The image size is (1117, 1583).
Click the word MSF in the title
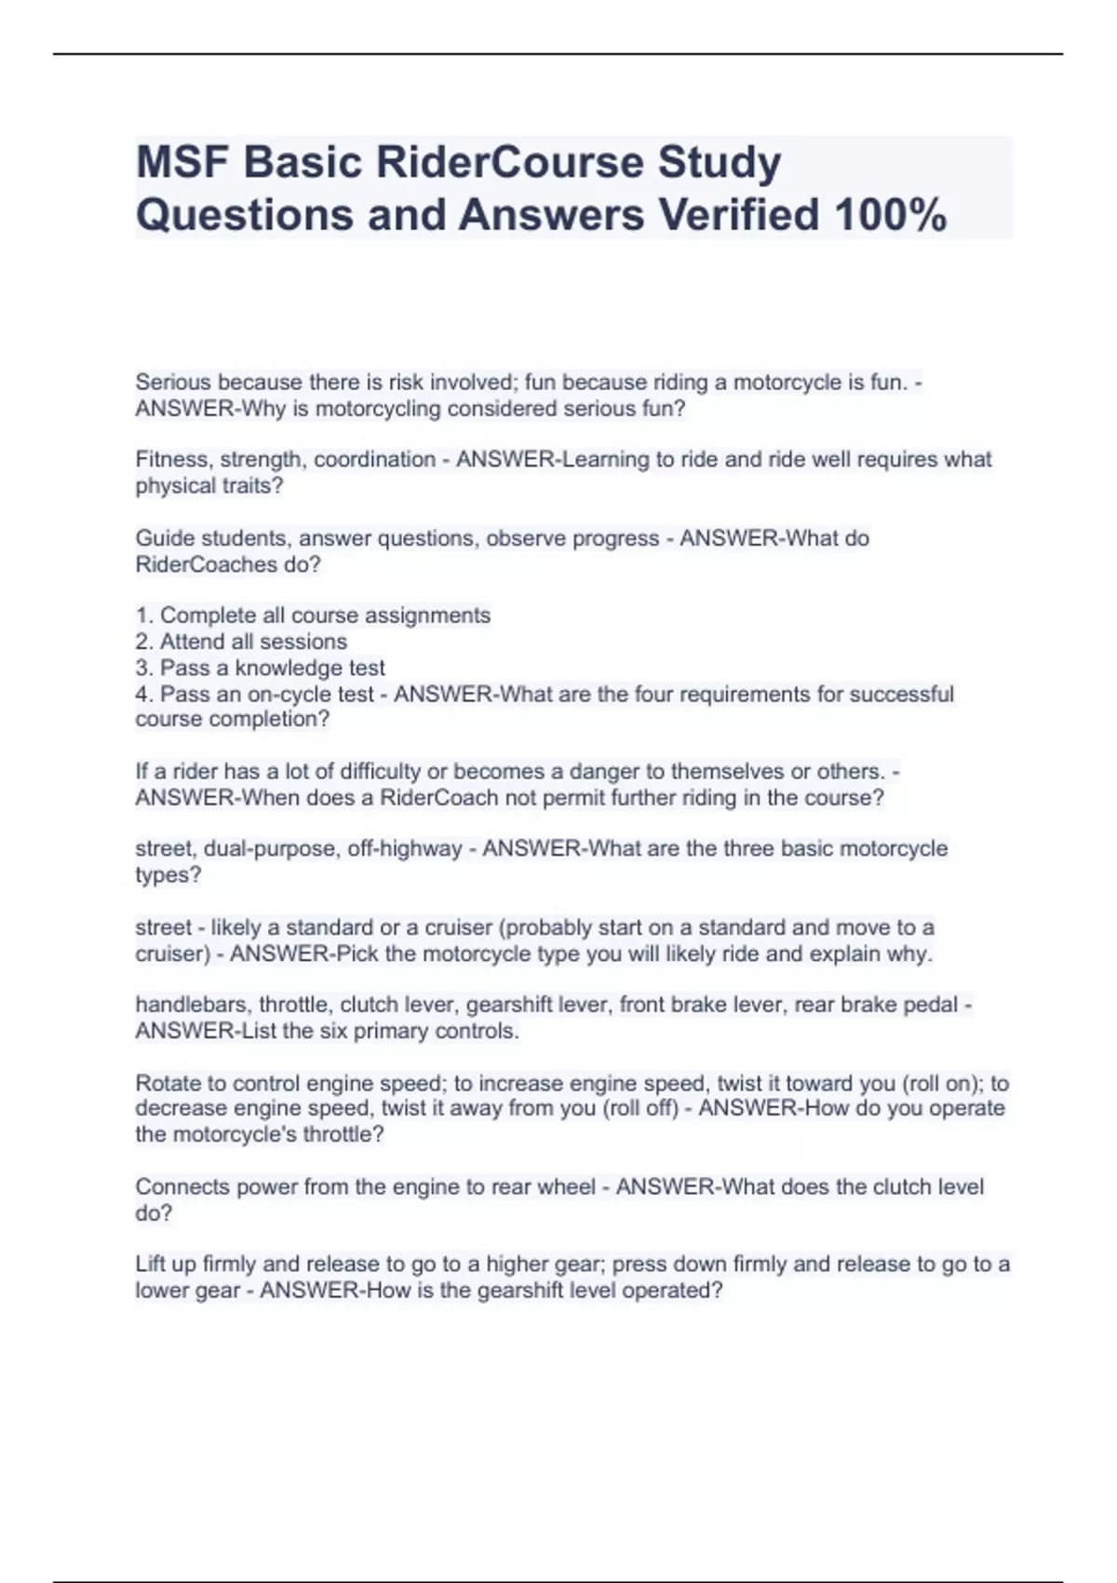tap(181, 163)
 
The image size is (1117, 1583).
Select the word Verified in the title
tap(739, 215)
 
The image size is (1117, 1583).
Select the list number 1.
tap(143, 616)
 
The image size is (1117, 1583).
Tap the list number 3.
tap(143, 668)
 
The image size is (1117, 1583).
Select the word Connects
tap(182, 1186)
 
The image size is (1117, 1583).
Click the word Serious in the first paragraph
tap(173, 382)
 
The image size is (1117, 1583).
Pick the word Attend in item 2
tap(192, 642)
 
